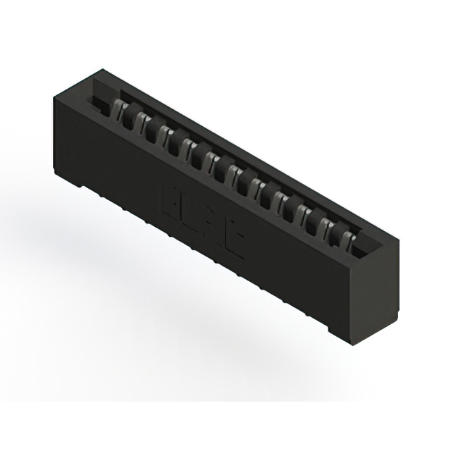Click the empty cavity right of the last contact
point(359,242)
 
